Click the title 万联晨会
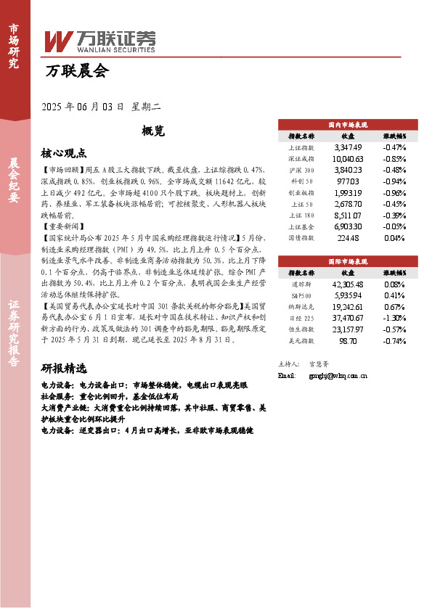point(76,72)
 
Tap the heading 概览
point(153,131)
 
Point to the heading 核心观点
point(64,154)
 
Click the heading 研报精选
point(64,368)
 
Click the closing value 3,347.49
point(347,147)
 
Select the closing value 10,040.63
point(347,159)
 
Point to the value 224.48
point(349,237)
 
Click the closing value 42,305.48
point(347,284)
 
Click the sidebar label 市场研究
point(14,45)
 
